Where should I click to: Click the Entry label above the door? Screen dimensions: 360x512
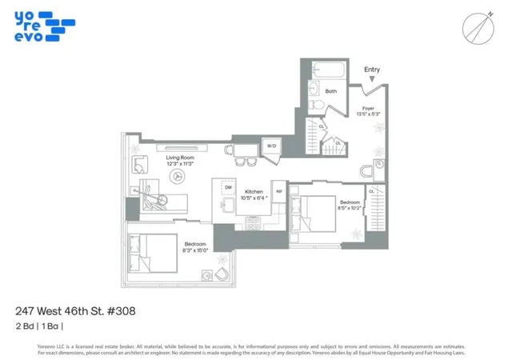click(372, 70)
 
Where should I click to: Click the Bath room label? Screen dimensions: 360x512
click(331, 92)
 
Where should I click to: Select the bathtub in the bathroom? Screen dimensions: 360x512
click(329, 70)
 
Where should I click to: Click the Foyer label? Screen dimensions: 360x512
click(369, 107)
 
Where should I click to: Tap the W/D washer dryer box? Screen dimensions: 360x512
click(271, 146)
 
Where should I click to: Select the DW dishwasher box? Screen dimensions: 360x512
click(227, 187)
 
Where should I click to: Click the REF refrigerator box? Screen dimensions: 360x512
click(279, 191)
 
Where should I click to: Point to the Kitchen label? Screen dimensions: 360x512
click(254, 192)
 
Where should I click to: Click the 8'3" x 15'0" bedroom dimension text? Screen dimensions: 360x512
click(196, 250)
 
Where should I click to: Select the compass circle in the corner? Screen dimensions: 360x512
click(477, 29)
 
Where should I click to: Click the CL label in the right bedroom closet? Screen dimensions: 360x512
click(372, 191)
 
